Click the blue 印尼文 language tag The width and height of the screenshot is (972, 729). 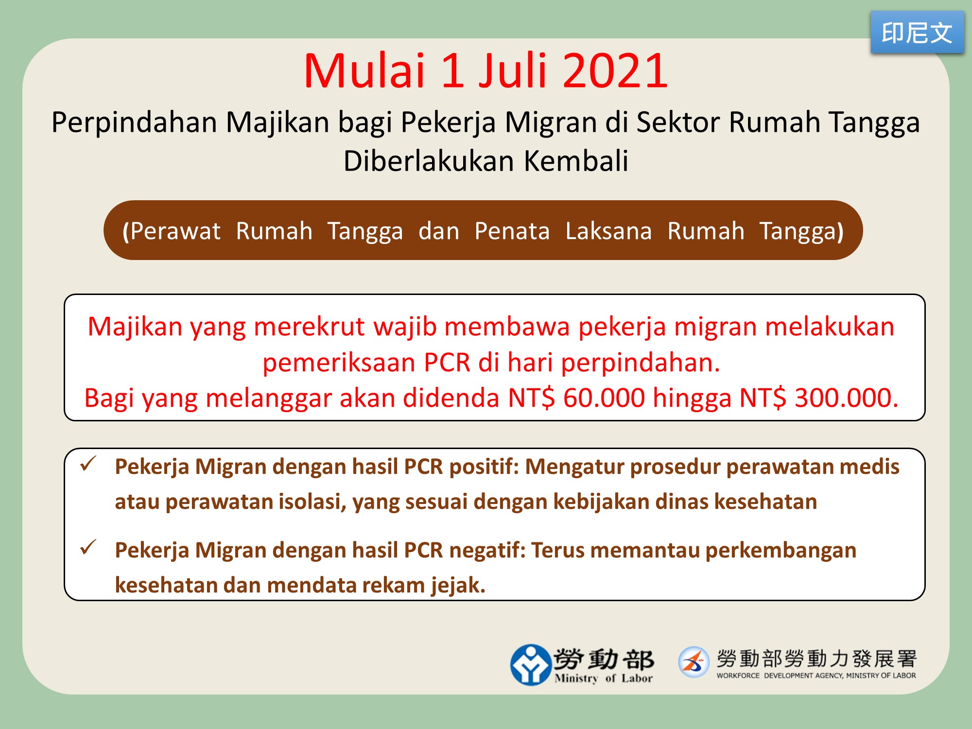click(917, 32)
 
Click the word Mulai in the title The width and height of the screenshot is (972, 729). click(364, 71)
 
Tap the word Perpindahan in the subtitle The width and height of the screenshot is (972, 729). click(134, 122)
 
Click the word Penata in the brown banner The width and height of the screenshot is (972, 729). click(512, 231)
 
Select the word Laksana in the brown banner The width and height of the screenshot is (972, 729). click(608, 231)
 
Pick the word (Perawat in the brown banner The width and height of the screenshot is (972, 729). click(172, 231)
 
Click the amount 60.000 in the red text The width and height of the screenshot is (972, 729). click(604, 398)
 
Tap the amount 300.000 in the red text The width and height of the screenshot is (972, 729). click(846, 398)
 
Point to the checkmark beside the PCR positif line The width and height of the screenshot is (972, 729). click(88, 464)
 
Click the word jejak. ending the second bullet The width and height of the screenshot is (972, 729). click(458, 586)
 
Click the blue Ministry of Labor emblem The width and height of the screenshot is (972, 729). click(531, 665)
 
